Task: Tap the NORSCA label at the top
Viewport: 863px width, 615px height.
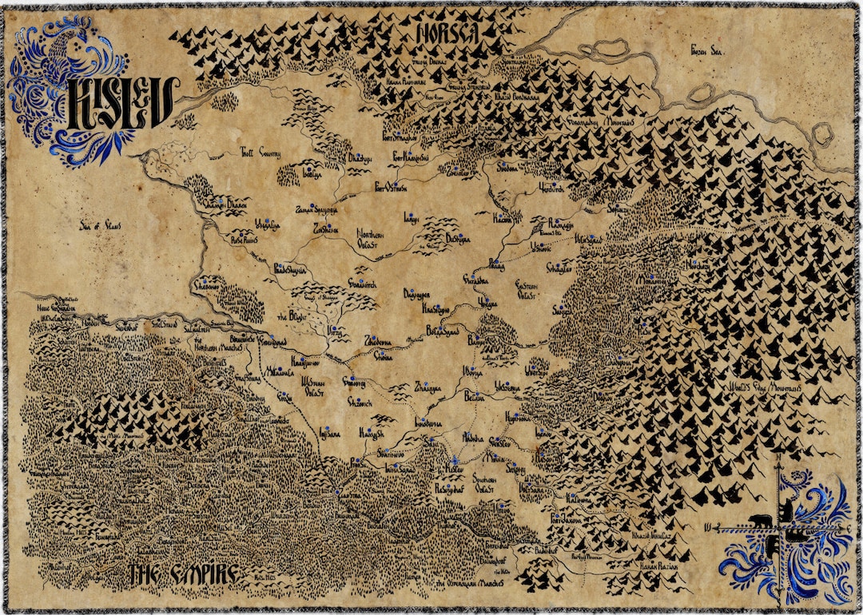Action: (x=447, y=33)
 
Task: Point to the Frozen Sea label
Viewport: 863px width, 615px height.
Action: (x=706, y=50)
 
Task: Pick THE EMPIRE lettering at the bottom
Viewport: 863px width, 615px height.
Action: (x=183, y=573)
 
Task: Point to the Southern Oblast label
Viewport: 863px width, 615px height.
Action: (x=485, y=482)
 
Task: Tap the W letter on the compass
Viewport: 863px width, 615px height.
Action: (x=709, y=527)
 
